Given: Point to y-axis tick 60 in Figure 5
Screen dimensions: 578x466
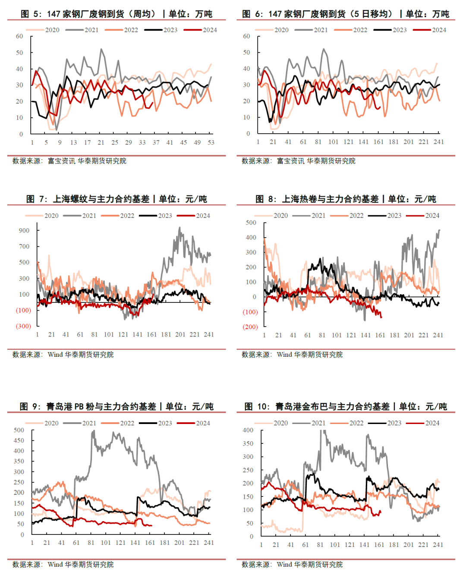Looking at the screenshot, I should tap(19, 36).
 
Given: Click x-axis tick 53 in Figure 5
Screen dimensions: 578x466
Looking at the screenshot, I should tap(211, 142).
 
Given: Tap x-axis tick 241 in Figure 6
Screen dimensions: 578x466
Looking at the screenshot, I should tap(438, 142).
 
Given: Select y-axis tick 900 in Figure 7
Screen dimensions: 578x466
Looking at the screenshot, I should tap(24, 230).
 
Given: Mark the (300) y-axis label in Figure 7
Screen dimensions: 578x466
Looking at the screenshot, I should tap(23, 326).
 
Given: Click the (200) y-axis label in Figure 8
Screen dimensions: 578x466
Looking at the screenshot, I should tap(250, 327).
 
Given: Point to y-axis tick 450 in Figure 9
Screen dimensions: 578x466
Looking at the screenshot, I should tap(19, 440).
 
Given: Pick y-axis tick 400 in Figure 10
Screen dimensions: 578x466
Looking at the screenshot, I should tap(248, 430).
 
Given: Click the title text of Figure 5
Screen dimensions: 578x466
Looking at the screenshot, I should tap(116, 14).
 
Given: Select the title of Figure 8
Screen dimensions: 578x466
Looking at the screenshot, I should tap(346, 199).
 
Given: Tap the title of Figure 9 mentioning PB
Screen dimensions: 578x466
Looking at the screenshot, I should tap(116, 406).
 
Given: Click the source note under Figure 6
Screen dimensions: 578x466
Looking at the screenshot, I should tap(299, 161).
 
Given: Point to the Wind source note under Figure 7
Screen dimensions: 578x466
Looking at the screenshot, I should tap(63, 355).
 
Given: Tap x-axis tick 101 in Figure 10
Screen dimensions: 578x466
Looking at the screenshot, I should tap(335, 545).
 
